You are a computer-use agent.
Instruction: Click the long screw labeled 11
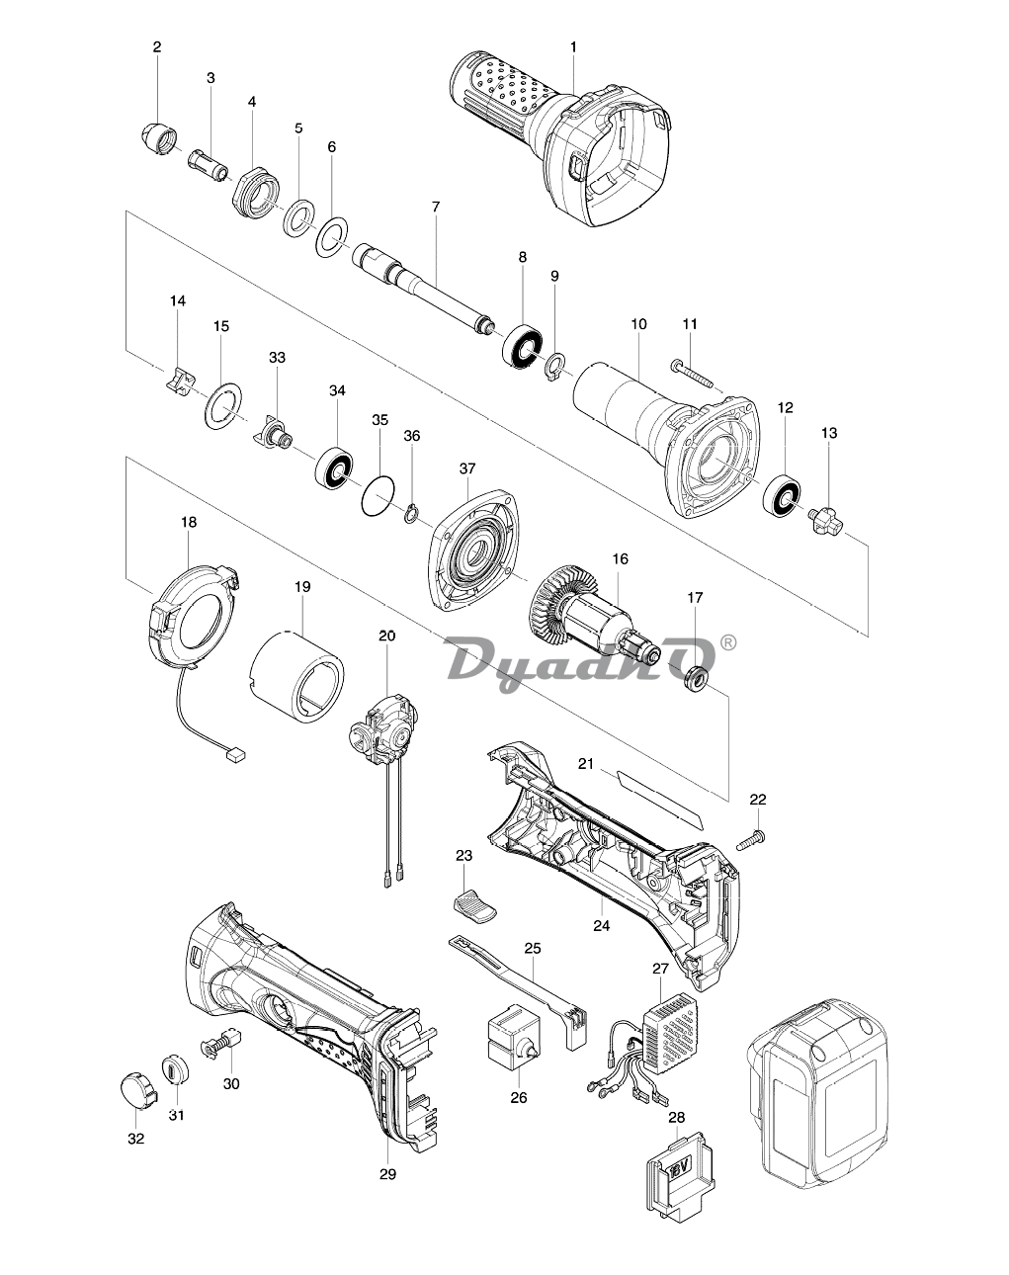(x=696, y=372)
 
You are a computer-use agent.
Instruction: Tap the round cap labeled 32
(x=134, y=1089)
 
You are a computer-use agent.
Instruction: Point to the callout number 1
(x=573, y=45)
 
